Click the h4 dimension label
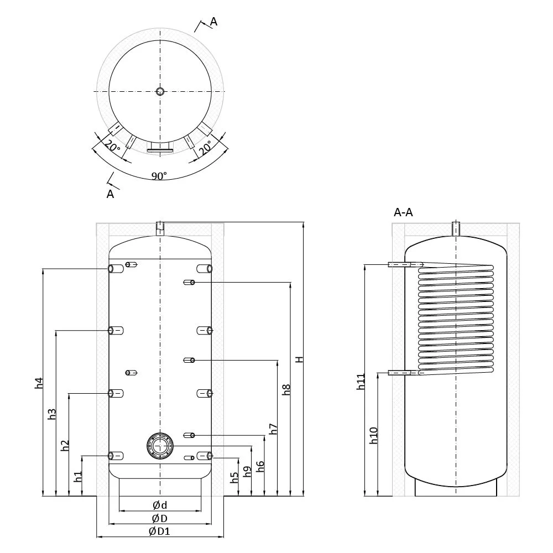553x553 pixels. tap(39, 383)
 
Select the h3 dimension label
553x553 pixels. tap(52, 414)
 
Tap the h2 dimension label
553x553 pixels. tap(65, 445)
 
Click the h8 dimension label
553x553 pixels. tap(286, 389)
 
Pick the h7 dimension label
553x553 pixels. tap(273, 429)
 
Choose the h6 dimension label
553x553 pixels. tap(260, 466)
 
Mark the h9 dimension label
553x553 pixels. tap(248, 472)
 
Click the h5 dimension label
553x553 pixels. tap(234, 477)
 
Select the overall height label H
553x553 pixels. tap(299, 359)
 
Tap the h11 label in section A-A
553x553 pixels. tap(361, 382)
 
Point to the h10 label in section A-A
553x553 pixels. tap(374, 436)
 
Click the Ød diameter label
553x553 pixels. tap(160, 505)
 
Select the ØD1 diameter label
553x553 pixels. tap(159, 531)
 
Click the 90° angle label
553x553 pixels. tap(159, 176)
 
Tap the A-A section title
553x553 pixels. tap(403, 212)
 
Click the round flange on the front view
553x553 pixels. tap(160, 446)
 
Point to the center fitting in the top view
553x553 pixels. tap(160, 91)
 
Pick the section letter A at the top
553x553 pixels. tap(213, 22)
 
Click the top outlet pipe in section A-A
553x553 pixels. tap(456, 228)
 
